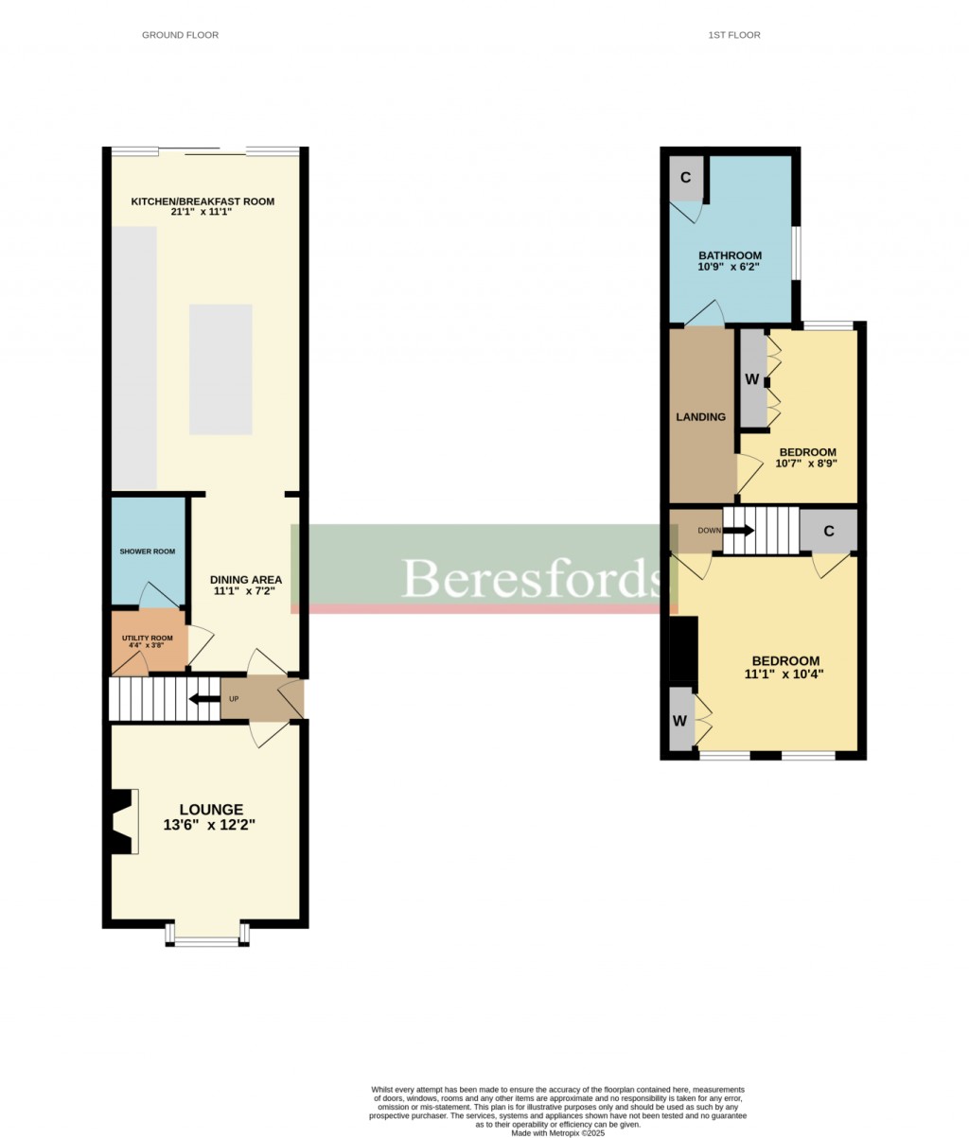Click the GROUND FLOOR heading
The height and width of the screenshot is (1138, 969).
(180, 35)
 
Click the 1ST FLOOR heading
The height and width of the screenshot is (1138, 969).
(733, 35)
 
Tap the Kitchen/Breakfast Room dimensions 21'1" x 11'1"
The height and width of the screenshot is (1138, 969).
(202, 213)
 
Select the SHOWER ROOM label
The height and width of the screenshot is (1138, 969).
(147, 551)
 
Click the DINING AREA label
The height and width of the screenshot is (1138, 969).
(245, 580)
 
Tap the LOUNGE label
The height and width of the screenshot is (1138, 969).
(212, 810)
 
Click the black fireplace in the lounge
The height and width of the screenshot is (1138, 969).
(120, 822)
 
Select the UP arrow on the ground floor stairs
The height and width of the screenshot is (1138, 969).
(202, 700)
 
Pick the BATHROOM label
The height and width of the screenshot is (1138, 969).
(730, 255)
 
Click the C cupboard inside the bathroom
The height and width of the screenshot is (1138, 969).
(686, 178)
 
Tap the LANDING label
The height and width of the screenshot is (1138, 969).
(700, 417)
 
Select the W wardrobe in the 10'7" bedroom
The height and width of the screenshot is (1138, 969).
(752, 379)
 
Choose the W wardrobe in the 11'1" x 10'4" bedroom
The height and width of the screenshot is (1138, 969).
(680, 719)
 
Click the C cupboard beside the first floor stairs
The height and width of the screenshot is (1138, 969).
(828, 531)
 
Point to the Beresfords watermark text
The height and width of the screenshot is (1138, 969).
(530, 578)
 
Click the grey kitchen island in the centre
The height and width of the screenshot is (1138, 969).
(220, 369)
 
